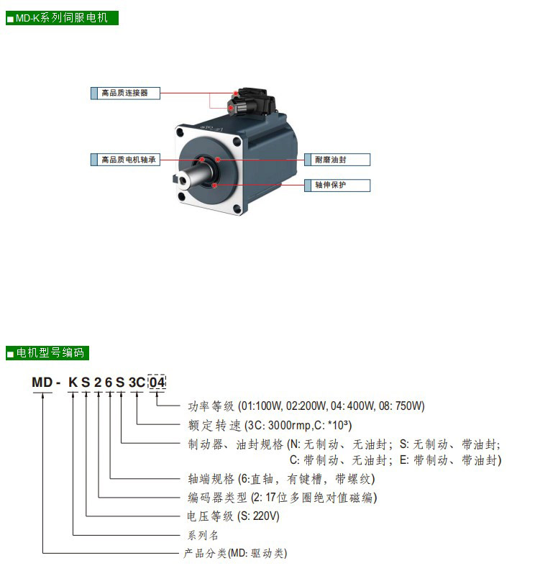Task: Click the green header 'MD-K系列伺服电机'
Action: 62,18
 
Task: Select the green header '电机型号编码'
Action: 47,353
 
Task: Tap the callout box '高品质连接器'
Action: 125,93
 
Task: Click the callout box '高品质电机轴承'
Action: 125,160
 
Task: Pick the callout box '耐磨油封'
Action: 337,160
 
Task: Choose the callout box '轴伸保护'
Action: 337,185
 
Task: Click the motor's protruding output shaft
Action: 194,174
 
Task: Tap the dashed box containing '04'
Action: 157,383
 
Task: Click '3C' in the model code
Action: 137,383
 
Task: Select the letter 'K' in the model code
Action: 73,383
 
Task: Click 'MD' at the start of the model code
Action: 42,383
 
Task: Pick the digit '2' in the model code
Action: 98,383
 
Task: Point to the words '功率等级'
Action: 211,406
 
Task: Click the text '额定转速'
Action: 214,426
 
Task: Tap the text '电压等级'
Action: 210,516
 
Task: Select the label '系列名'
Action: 203,535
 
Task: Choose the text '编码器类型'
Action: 217,498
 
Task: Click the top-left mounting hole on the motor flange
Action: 180,132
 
